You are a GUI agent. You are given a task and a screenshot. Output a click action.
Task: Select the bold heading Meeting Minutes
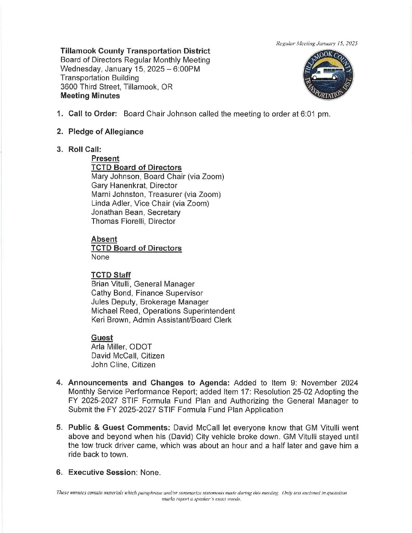pyautogui.click(x=90, y=96)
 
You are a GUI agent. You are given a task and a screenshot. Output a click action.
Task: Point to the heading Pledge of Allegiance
pyautogui.click(x=106, y=132)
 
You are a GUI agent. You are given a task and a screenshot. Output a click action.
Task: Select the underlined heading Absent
pyautogui.click(x=104, y=239)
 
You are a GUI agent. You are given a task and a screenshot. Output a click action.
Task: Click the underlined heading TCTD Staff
pyautogui.click(x=111, y=275)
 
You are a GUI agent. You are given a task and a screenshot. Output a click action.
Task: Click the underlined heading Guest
pyautogui.click(x=102, y=338)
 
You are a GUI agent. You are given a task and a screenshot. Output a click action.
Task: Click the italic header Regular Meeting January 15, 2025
pyautogui.click(x=317, y=44)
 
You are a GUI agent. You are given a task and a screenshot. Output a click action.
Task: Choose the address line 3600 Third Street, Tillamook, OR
pyautogui.click(x=116, y=87)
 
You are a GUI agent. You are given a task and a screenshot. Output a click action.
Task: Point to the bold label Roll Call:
pyautogui.click(x=85, y=150)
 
